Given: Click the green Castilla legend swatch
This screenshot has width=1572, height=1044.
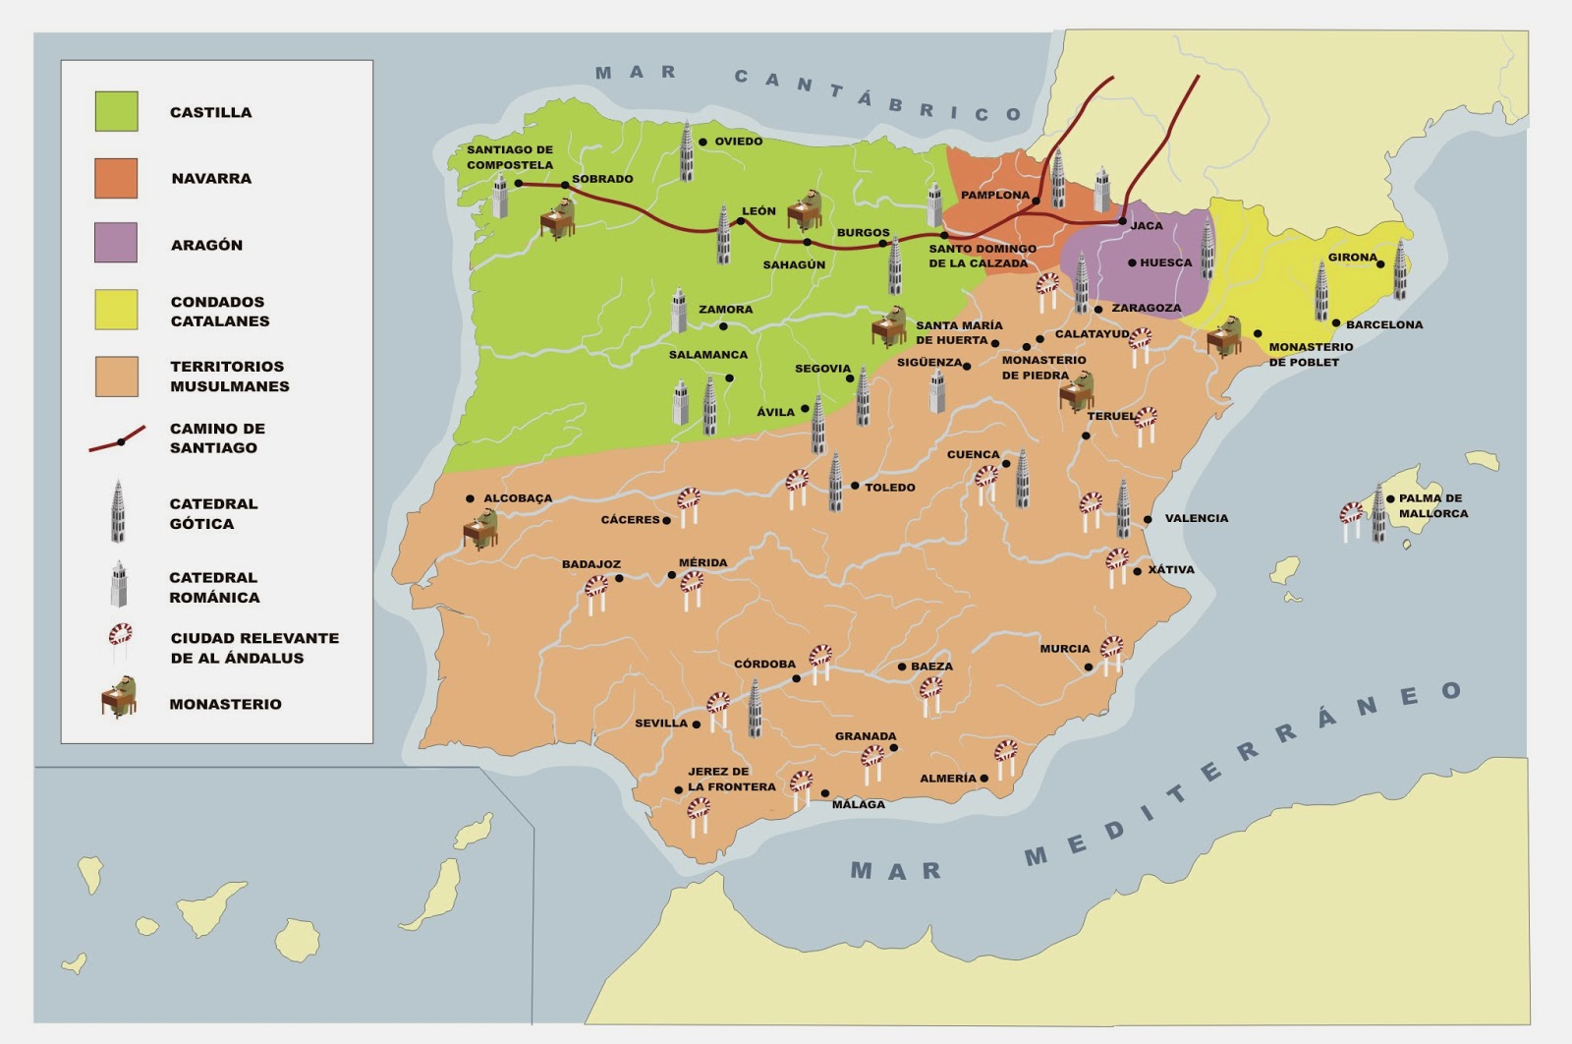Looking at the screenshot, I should (x=116, y=111).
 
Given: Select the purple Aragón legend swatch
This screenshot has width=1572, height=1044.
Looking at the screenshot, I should (x=116, y=243).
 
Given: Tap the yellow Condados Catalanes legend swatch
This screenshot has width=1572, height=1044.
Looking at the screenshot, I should (x=116, y=310).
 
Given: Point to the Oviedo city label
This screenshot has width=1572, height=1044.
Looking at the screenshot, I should (x=738, y=142).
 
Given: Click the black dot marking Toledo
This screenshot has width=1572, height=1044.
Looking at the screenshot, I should (x=855, y=487).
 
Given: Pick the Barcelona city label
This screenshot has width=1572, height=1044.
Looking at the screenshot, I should (x=1383, y=324).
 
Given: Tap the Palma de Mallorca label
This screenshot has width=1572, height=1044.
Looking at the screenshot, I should (x=1432, y=505).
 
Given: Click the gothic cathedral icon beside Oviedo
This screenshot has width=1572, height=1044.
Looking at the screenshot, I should (x=687, y=152).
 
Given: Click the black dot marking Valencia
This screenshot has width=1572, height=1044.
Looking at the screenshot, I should (x=1148, y=519).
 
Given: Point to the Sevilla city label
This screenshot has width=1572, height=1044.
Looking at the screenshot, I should (x=660, y=724).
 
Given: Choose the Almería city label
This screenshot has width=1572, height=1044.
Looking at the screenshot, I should (x=947, y=779).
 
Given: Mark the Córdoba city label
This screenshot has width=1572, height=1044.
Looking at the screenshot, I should (x=764, y=665).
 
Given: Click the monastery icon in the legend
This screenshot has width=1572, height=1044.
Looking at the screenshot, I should (x=119, y=697).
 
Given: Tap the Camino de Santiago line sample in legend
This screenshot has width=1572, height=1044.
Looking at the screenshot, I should (x=118, y=440).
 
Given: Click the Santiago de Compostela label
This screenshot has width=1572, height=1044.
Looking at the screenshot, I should (x=509, y=157).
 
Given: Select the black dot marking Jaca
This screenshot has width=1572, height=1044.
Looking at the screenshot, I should (x=1122, y=222).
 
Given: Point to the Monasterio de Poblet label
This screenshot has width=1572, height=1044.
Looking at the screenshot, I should (x=1310, y=354).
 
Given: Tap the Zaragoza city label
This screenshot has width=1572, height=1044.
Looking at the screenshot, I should (x=1146, y=309).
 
